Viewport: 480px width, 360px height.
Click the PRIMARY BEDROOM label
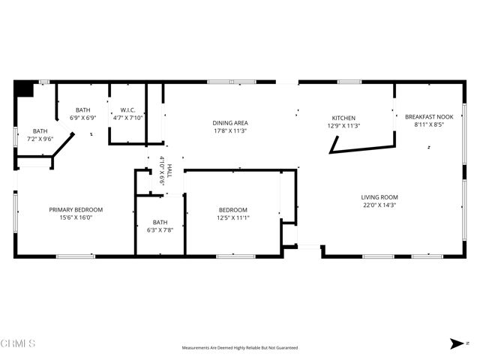tap(76, 209)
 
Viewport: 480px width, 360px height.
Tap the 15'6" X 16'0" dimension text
tap(76, 217)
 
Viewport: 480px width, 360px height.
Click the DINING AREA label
tap(229, 123)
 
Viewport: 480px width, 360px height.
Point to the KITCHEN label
tap(343, 118)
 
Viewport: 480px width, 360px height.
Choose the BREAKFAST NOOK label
tap(429, 117)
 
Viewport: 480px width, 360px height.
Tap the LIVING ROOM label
tap(379, 196)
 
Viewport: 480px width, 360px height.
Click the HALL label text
tap(169, 170)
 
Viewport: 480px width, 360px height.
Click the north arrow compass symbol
tap(455, 343)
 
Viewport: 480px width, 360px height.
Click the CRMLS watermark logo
tap(18, 344)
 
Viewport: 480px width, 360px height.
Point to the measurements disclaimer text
tap(239, 348)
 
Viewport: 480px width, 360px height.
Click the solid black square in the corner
tap(24, 89)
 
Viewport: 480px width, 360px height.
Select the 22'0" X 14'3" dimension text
tap(379, 205)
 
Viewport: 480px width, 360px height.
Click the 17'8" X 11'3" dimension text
tap(229, 130)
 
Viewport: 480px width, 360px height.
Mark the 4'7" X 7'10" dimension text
tap(127, 117)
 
